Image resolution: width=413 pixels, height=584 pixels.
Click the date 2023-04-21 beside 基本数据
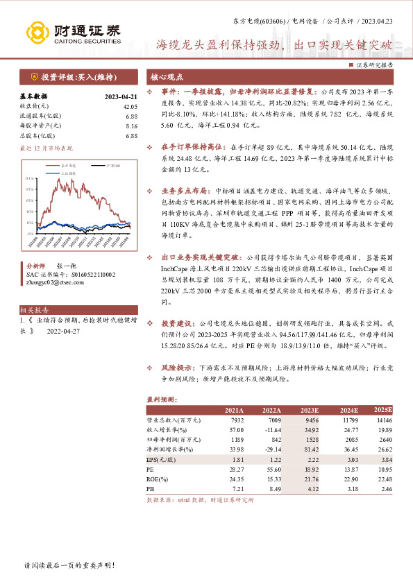[x=121, y=97]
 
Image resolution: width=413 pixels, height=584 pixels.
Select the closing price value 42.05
[x=130, y=107]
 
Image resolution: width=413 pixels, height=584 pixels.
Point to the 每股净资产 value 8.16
[x=131, y=126]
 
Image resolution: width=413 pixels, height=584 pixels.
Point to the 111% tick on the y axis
[x=30, y=179]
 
